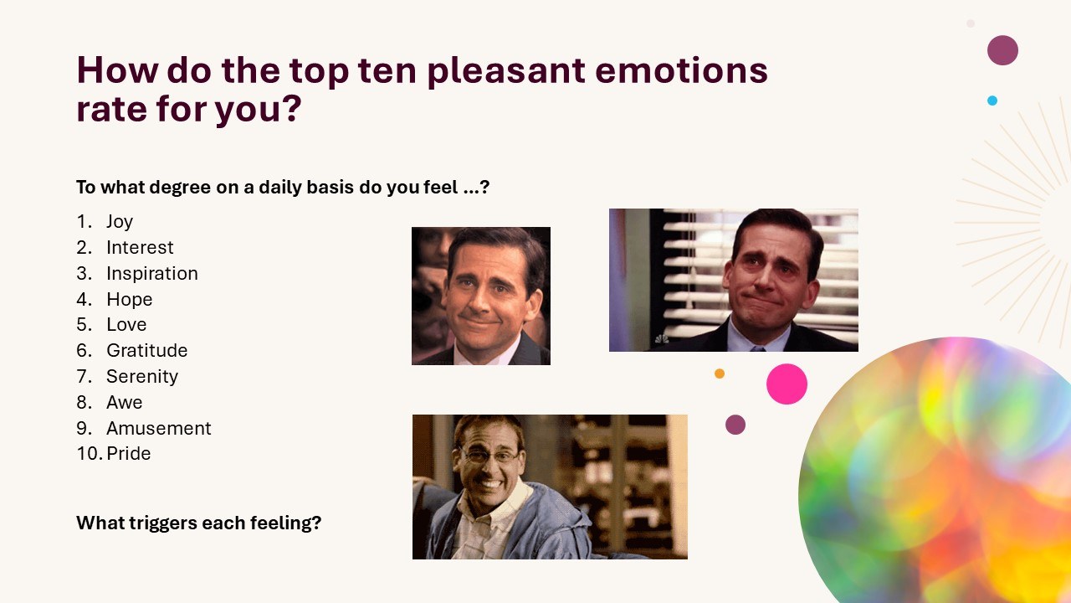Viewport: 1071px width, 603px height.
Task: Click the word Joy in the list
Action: tap(120, 222)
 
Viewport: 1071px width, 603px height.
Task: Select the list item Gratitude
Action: tap(146, 350)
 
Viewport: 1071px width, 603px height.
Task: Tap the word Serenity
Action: tap(142, 377)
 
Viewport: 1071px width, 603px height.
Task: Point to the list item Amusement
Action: tap(159, 428)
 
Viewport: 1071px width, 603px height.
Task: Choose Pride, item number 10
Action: tap(129, 453)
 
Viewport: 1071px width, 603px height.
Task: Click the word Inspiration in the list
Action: tap(152, 274)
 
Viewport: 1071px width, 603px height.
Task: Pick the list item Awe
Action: tap(125, 403)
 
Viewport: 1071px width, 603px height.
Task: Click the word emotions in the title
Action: tap(681, 70)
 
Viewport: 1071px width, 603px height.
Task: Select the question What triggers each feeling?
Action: tap(199, 523)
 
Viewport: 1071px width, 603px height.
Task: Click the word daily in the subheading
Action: tap(279, 188)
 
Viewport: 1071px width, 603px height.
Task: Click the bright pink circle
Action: tap(787, 384)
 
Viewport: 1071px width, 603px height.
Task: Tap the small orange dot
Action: tap(719, 374)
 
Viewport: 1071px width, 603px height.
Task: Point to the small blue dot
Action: tap(992, 100)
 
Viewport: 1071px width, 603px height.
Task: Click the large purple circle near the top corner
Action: tap(1002, 50)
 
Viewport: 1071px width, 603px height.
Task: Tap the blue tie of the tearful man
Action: tap(757, 349)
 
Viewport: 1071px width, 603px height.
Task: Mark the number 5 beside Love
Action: tap(82, 325)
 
